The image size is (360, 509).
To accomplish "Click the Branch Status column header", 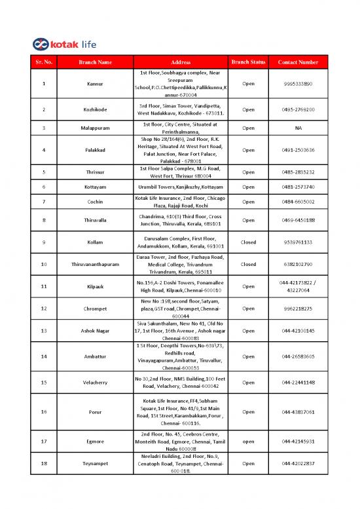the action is pos(249,62).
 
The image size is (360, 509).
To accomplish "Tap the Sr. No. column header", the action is pos(43,62).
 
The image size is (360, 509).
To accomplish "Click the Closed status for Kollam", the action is pos(249,242).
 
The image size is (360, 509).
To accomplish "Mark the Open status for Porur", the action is pos(249,412).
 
